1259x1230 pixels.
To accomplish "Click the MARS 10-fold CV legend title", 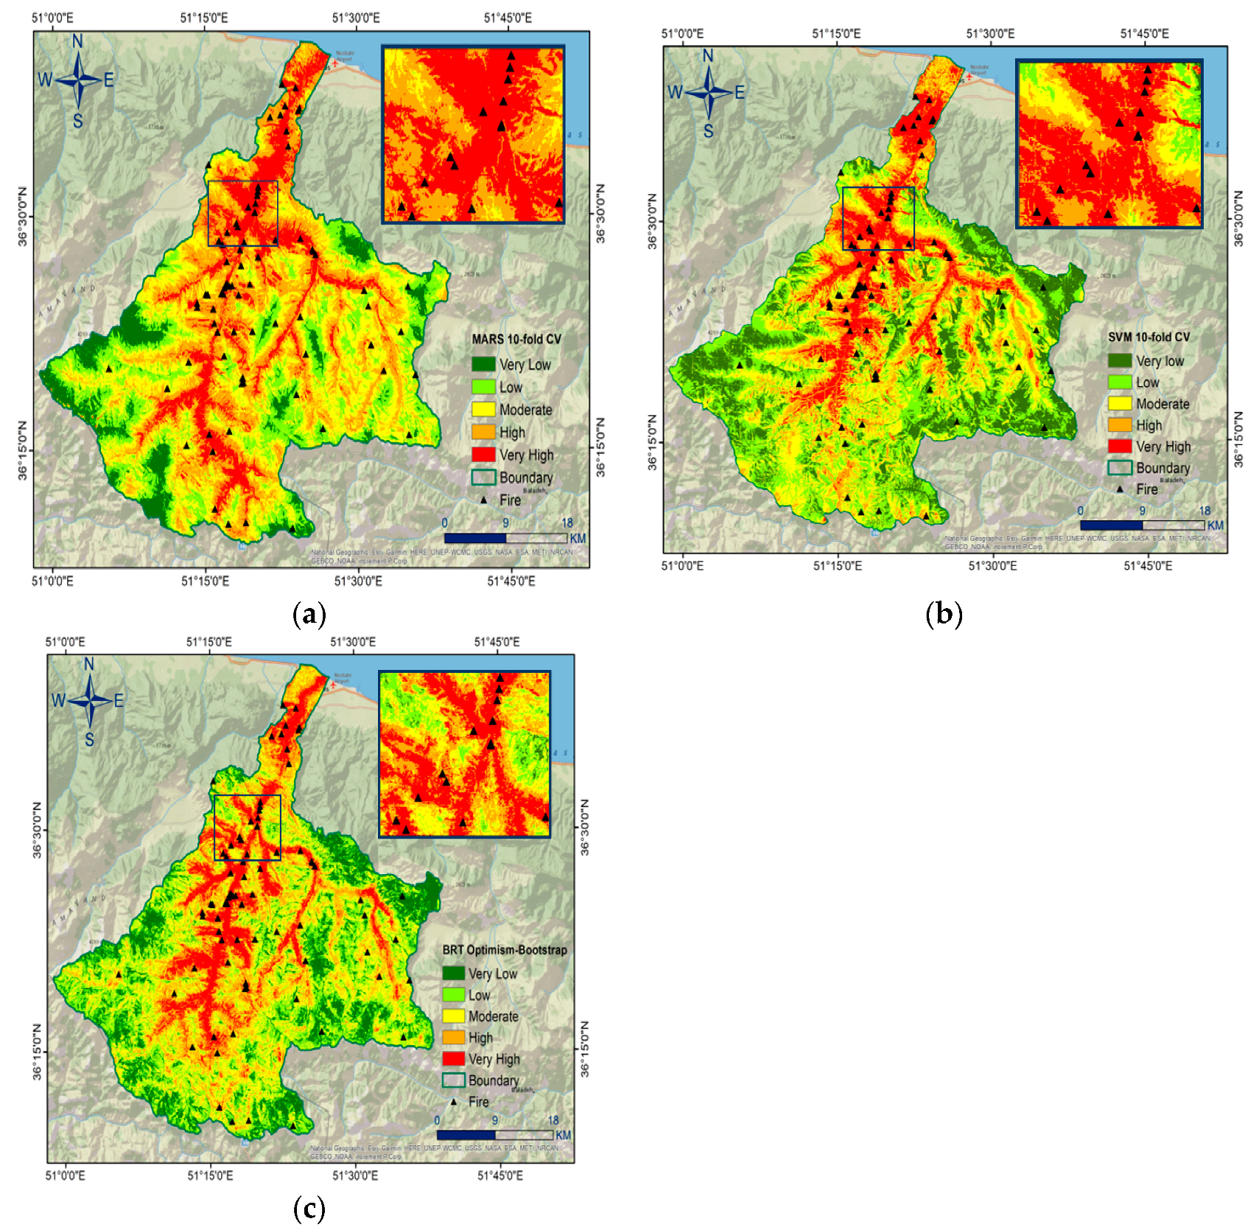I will pos(516,339).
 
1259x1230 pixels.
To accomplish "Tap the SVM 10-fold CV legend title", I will pos(1148,337).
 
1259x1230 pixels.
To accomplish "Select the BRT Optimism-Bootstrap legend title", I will pos(504,950).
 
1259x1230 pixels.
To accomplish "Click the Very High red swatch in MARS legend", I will pos(483,455).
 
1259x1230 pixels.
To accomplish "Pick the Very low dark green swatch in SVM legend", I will pos(1119,360).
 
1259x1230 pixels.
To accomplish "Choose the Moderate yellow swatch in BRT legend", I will pos(453,1016).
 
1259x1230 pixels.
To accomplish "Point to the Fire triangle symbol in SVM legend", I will pos(1119,489).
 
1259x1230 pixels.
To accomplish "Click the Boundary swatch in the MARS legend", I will pos(483,478).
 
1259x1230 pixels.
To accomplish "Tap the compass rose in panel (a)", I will pos(77,80).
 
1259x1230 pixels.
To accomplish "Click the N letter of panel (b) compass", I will pos(708,56).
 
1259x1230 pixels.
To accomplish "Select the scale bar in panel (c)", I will pos(494,1135).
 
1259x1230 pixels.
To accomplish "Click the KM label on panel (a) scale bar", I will pos(578,538).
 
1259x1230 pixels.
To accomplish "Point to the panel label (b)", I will pos(944,614).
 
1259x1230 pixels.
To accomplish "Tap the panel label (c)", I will pos(309,1209).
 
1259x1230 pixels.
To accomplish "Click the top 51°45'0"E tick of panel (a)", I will pos(508,18).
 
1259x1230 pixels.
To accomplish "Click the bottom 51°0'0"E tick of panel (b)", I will pos(682,565).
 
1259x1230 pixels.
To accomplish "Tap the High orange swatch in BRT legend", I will pos(453,1038).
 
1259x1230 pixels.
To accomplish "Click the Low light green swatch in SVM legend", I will pos(1119,382).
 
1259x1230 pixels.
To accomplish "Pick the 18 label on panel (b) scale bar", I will pos(1204,511).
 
